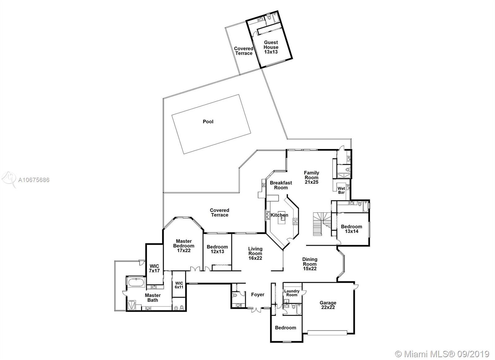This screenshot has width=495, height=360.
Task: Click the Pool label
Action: click(208, 121)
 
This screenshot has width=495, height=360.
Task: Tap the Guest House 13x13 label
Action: click(271, 47)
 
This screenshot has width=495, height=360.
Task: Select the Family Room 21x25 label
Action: click(311, 177)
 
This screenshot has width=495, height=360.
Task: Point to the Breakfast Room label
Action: click(281, 185)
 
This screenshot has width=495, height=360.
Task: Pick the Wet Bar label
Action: click(341, 190)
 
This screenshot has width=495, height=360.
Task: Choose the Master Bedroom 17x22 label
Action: click(184, 246)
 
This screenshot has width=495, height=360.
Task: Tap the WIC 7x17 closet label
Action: click(154, 268)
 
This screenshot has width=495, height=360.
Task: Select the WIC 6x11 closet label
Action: click(179, 285)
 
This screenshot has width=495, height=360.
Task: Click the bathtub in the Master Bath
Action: click(136, 283)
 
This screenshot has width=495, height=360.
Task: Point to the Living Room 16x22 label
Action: click(255, 254)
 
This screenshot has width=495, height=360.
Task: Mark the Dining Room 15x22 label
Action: click(310, 264)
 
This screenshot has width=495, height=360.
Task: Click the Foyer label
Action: click(258, 295)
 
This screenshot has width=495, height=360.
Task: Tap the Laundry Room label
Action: click(292, 293)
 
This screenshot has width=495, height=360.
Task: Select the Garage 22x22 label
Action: click(328, 305)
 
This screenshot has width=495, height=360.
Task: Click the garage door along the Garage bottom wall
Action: click(327, 333)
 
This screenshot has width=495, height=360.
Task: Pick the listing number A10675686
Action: click(34, 180)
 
